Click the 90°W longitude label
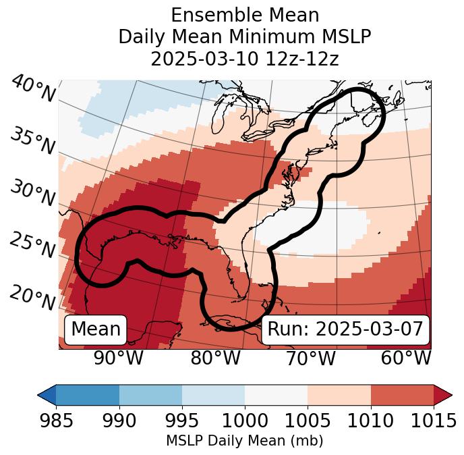point(119,358)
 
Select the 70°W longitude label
point(310,358)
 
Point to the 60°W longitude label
point(406,358)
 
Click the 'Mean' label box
point(96,329)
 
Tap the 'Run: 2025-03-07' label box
point(345,329)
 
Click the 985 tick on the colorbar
point(56,420)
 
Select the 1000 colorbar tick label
point(245,420)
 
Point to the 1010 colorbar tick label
point(370,420)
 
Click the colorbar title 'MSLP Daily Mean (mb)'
point(244,441)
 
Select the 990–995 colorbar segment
point(150,395)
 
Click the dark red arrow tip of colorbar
point(443,395)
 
